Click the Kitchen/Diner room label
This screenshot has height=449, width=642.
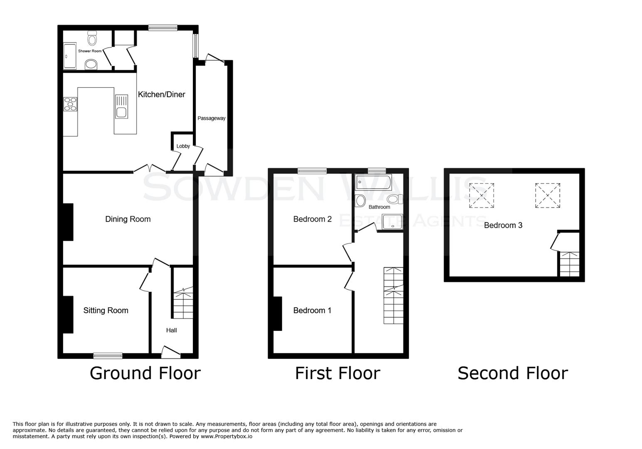161,94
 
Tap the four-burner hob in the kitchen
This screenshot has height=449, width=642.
70,104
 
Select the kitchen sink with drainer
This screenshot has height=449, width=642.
121,107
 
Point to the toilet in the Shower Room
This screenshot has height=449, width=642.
92,38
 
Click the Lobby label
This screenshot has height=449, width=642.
183,146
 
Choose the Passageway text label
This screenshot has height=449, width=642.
211,118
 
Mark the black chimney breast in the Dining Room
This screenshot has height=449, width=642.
68,222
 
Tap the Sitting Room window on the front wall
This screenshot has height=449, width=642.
108,355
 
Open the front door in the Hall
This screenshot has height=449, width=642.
171,353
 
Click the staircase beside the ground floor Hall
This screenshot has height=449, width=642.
183,303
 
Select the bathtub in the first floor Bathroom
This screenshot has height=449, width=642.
373,182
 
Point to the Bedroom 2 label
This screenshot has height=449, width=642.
312,219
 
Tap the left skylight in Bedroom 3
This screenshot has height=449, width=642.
481,195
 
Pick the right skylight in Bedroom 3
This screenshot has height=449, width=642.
548,195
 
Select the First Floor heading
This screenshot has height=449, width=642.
337,373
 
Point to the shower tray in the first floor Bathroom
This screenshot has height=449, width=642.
393,221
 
